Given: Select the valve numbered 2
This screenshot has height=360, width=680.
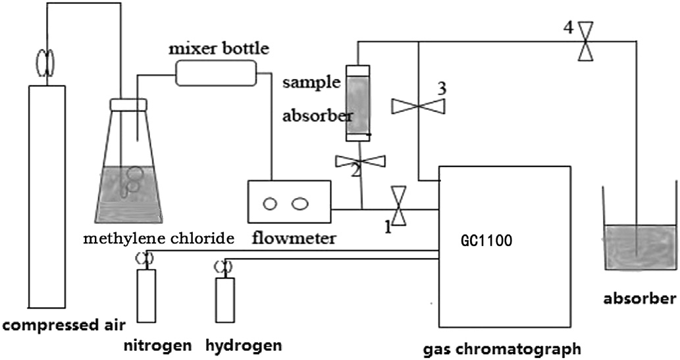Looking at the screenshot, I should point(361,161).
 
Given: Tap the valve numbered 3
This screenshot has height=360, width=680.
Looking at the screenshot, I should point(419,105).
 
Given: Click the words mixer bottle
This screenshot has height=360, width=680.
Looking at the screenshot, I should point(211,49).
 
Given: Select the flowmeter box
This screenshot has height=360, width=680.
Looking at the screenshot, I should point(288,202).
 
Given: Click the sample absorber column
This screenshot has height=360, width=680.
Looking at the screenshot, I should point(357,103).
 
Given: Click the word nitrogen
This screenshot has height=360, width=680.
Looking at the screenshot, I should point(157,345).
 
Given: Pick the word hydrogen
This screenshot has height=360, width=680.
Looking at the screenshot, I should point(244,345).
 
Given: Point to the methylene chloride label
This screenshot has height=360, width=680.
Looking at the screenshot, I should point(158,238).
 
